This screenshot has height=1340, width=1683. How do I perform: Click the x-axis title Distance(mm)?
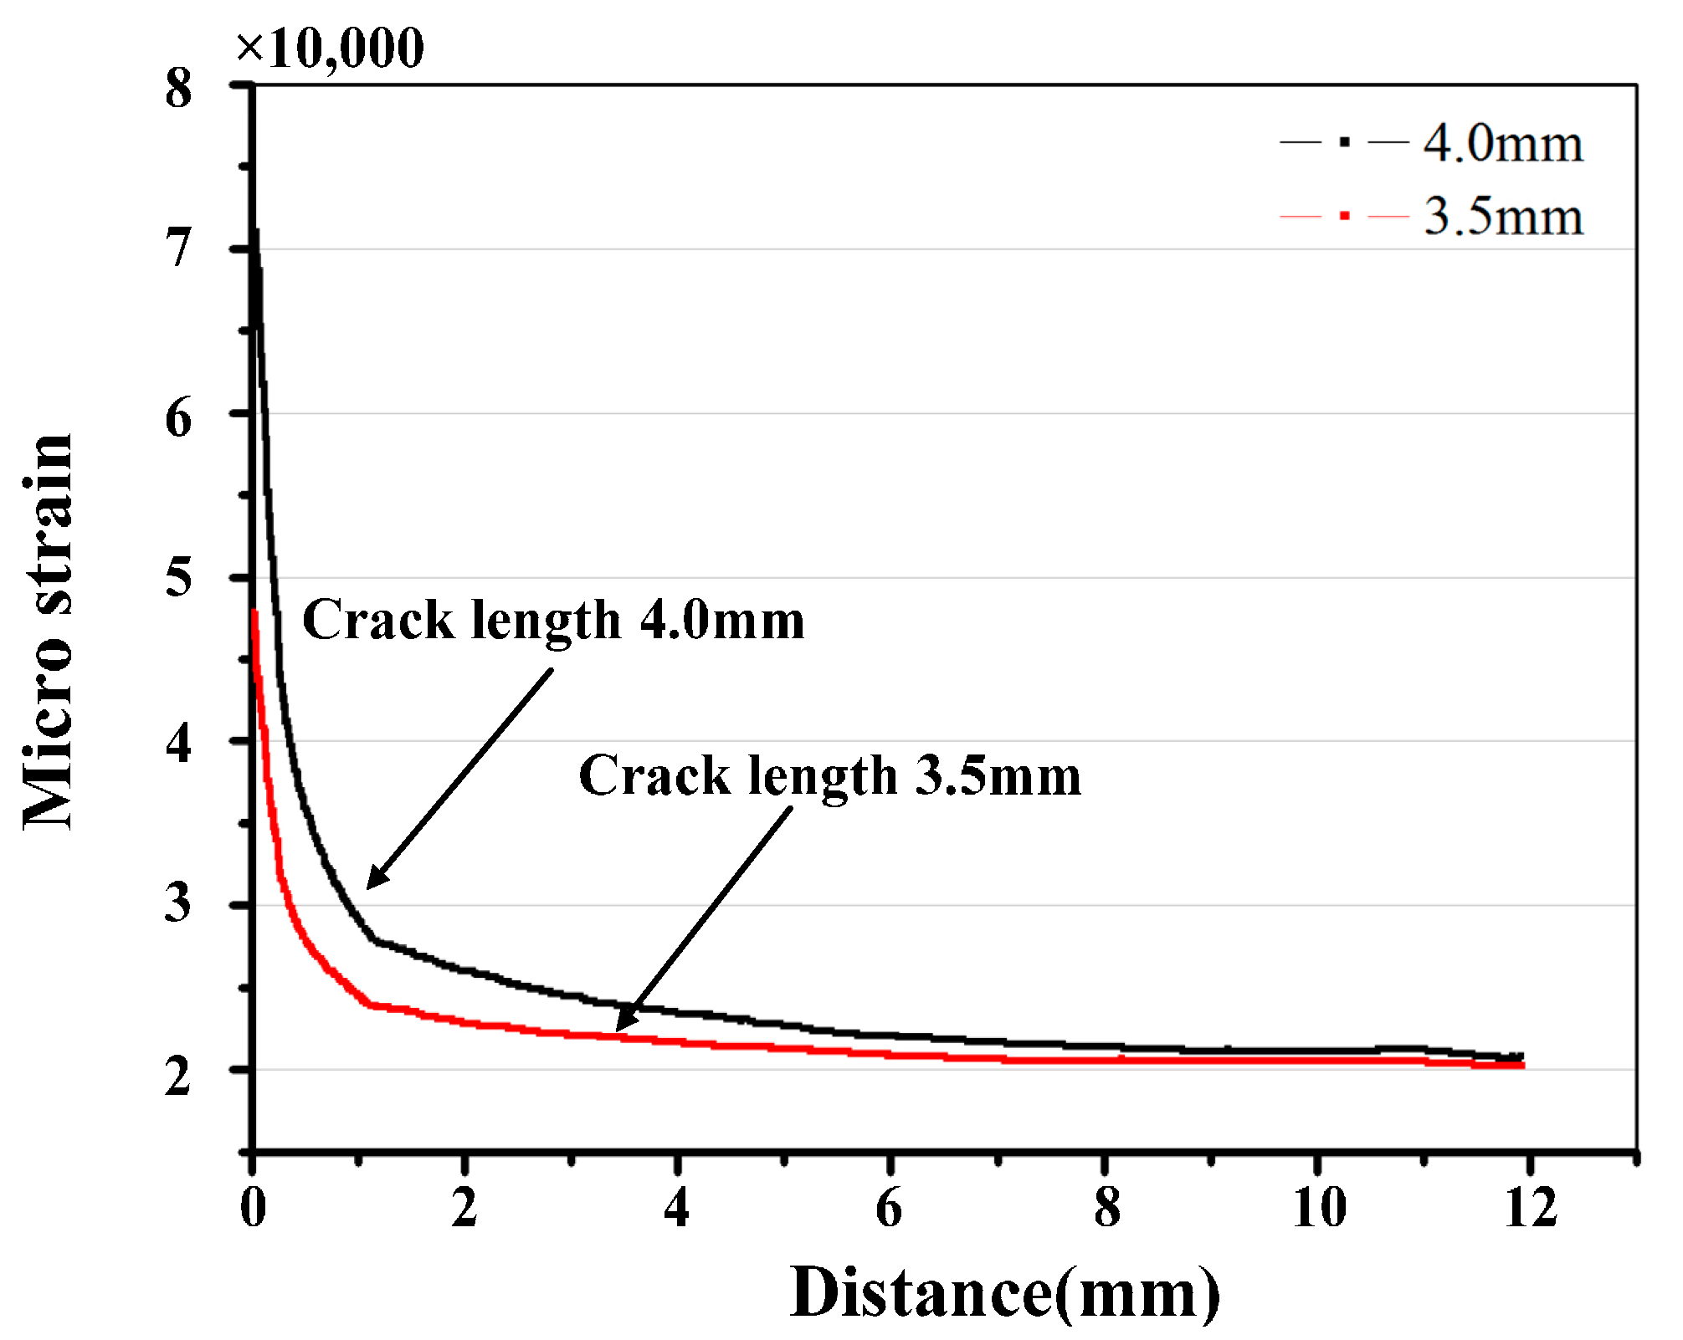point(1004,1293)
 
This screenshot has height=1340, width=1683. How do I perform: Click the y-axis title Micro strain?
point(48,632)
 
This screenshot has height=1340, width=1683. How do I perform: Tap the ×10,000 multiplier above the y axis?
point(331,49)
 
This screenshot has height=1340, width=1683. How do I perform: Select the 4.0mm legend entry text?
point(1503,144)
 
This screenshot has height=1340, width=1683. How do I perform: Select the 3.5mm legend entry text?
point(1503,217)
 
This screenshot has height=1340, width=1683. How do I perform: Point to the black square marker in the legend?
point(1344,143)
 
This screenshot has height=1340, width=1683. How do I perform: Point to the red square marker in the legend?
point(1344,216)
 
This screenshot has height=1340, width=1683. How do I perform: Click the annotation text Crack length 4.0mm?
point(553,620)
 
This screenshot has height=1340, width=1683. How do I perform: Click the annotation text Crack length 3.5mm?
point(829,775)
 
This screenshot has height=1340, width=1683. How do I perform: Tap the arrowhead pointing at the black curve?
point(374,881)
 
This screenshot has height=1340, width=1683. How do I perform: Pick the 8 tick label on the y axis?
point(178,87)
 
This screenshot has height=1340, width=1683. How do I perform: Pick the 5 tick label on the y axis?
point(178,577)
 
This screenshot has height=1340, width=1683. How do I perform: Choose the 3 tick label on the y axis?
point(178,904)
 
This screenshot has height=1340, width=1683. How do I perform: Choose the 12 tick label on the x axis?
point(1531,1208)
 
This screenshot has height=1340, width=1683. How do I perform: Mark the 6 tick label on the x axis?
point(890,1208)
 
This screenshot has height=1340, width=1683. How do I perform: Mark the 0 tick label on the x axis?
point(253,1208)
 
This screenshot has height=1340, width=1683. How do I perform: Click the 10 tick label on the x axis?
point(1319,1208)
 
